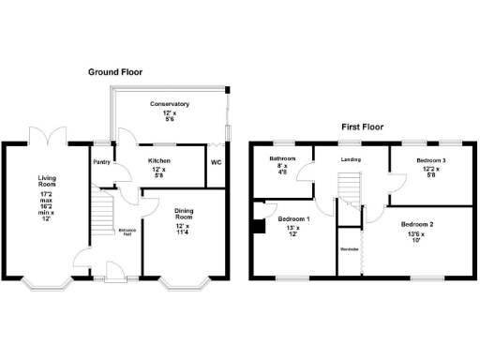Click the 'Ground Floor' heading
(116, 72)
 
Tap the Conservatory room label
(170, 104)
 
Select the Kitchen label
(159, 160)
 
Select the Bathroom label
(283, 158)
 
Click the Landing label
(349, 158)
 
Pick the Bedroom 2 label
(418, 225)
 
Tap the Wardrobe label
(350, 248)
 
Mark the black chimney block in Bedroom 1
(257, 224)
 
